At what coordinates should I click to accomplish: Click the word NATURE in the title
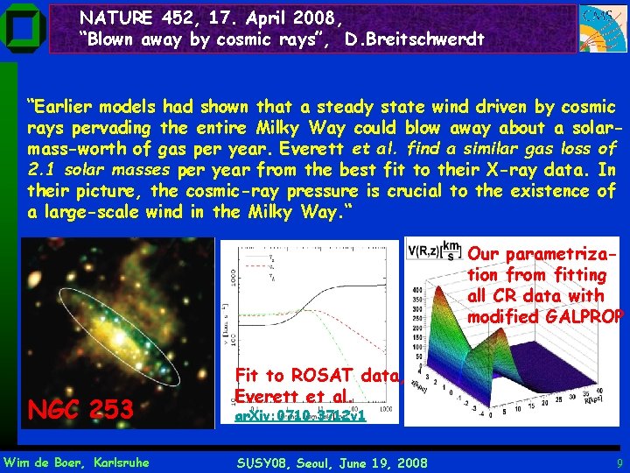tap(111, 16)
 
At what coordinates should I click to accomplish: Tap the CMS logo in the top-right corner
tap(602, 29)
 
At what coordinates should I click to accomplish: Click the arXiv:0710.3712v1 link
tap(299, 416)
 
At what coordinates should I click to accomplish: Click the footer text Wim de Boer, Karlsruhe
tap(77, 462)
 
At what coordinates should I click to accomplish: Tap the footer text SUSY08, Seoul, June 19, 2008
tap(332, 462)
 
